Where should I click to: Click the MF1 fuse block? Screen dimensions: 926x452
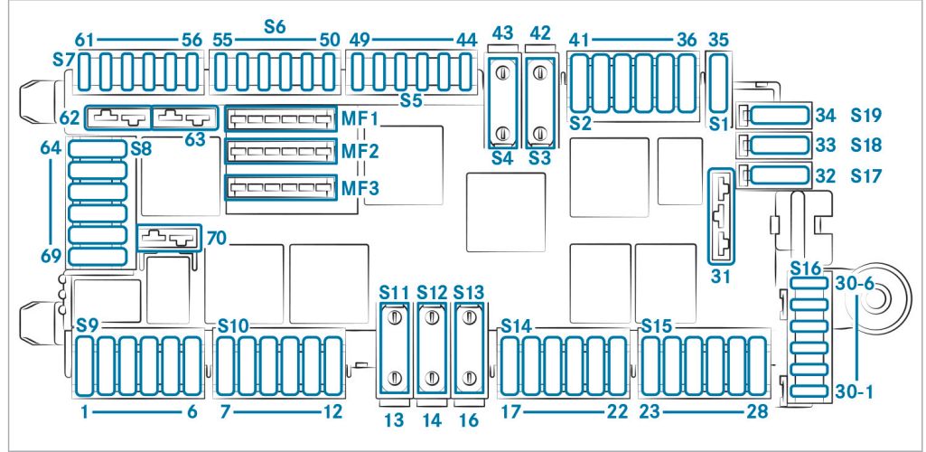pyautogui.click(x=281, y=118)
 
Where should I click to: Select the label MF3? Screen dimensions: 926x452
pyautogui.click(x=360, y=188)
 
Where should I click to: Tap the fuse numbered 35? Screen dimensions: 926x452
pyautogui.click(x=717, y=82)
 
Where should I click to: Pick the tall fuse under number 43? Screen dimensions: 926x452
pyautogui.click(x=502, y=103)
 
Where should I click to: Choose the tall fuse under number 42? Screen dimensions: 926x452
pyautogui.click(x=538, y=103)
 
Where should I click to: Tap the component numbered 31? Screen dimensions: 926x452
pyautogui.click(x=721, y=216)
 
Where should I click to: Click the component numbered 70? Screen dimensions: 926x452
pyautogui.click(x=169, y=238)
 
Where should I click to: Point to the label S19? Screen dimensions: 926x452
pyautogui.click(x=865, y=115)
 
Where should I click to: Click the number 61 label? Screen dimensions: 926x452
pyautogui.click(x=84, y=40)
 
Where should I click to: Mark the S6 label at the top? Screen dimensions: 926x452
pyautogui.click(x=275, y=26)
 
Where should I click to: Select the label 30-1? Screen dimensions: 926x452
pyautogui.click(x=856, y=391)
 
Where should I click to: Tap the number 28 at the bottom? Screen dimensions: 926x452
pyautogui.click(x=756, y=411)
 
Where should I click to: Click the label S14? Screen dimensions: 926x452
pyautogui.click(x=515, y=325)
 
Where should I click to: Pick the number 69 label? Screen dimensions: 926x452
pyautogui.click(x=51, y=256)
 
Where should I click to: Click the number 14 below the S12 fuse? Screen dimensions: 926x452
pyautogui.click(x=432, y=420)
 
